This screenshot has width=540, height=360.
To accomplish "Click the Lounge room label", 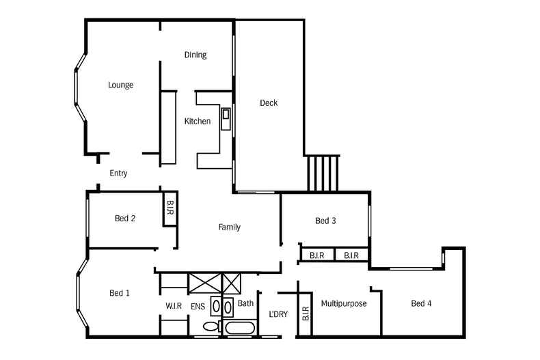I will pos(120,85).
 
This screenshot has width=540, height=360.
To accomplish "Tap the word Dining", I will pos(195,55).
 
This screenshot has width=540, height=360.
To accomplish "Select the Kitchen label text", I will pos(198,122).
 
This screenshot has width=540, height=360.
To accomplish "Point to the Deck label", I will pos(269,103).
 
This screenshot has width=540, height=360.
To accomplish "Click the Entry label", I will pos(118,174).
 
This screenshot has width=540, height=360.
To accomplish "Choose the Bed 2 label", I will pos(124,219).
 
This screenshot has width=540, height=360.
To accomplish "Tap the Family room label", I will pos(229,227).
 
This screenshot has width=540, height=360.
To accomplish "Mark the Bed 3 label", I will pos(325,221).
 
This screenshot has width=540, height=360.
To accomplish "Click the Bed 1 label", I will pos(120,293).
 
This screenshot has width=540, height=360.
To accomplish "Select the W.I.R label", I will pos(174,306).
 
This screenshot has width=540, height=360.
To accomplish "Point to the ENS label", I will pos(198,306).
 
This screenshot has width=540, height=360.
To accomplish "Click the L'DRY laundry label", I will pos(278,314).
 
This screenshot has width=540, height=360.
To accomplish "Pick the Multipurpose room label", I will pos(344,303).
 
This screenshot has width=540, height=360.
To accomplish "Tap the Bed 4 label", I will pos(421,303).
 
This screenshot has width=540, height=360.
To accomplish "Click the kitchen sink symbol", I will pos(226,115).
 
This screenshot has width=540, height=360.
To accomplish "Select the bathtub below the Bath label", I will pos(240,329).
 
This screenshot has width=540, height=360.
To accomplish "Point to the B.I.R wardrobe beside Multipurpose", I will pos(305,313).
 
